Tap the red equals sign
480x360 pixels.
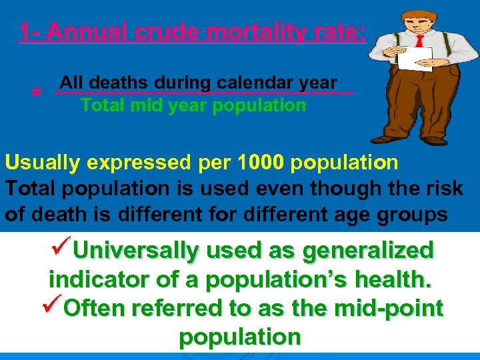point(37,93)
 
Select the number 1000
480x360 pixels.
point(261,163)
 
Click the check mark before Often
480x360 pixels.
point(51,307)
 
